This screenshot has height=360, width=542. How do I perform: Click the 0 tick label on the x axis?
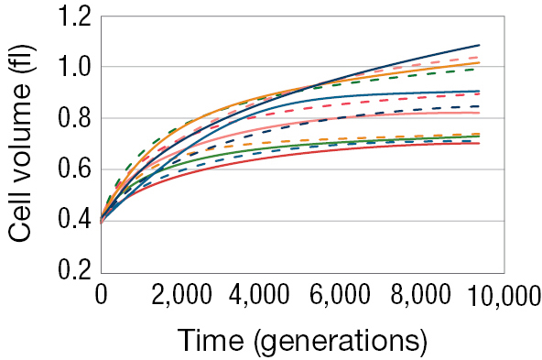click(x=102, y=296)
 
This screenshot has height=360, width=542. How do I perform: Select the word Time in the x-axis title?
click(x=212, y=340)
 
